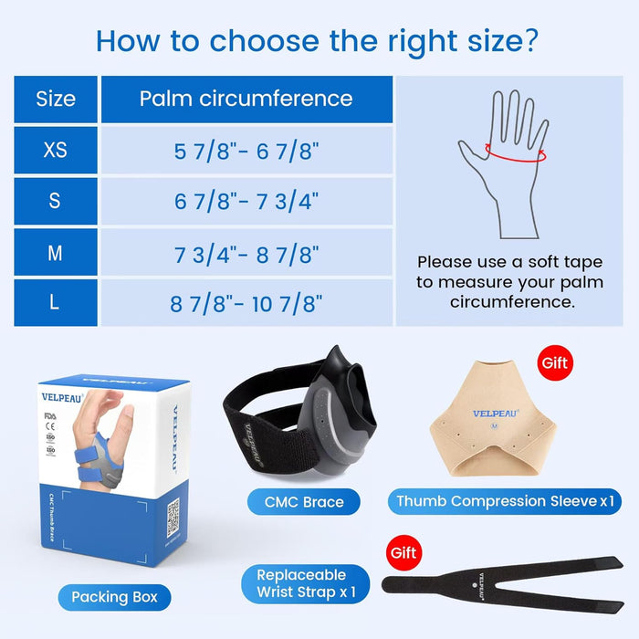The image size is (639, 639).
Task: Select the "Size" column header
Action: [56, 99]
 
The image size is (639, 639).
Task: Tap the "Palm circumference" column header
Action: [246, 99]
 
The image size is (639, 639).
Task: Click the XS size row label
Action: [56, 150]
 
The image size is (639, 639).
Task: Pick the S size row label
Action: [56, 201]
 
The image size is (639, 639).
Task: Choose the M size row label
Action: [56, 252]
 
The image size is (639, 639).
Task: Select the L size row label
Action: [56, 303]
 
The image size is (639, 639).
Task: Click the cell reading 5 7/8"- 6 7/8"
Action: [246, 150]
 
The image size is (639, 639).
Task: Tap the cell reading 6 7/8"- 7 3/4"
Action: [246, 201]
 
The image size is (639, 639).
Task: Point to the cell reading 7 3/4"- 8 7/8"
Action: [246, 252]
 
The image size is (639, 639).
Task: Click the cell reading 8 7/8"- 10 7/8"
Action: [246, 303]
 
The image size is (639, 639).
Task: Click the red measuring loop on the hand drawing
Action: [517, 153]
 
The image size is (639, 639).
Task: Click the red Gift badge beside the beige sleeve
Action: [554, 362]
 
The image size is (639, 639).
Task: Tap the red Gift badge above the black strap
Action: [403, 553]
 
